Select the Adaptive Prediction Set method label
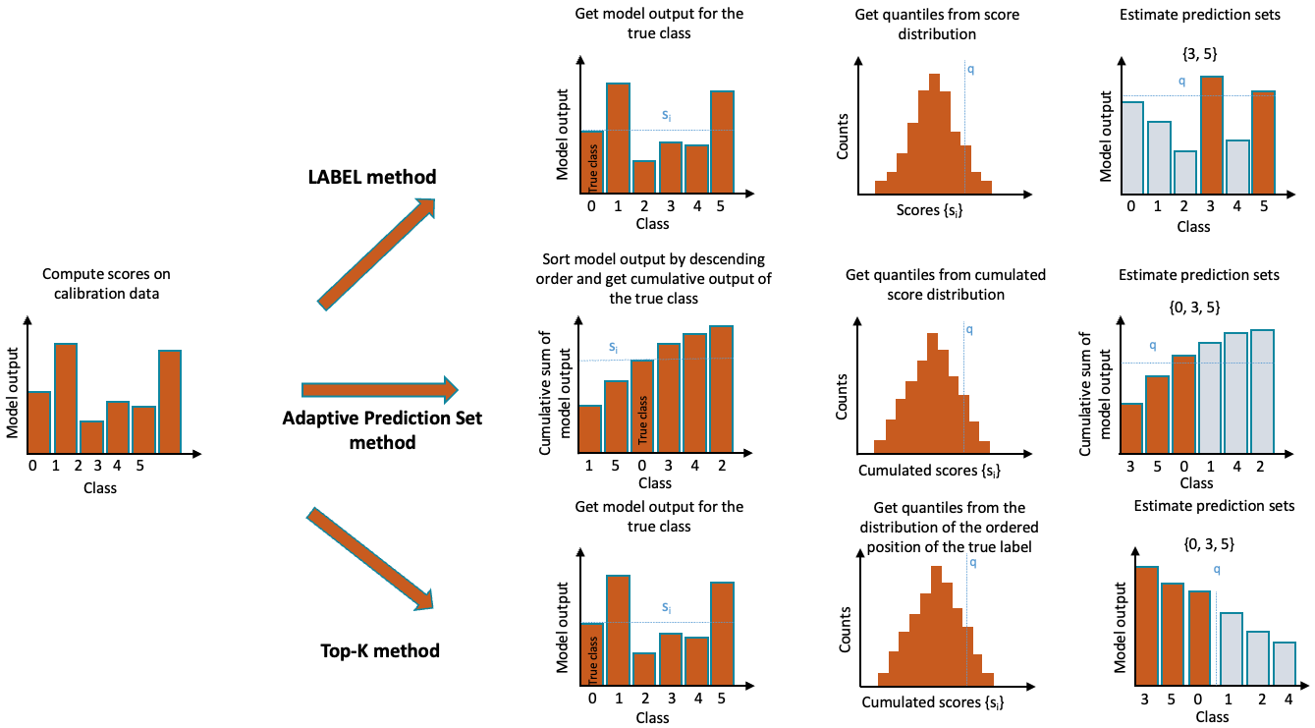click(382, 429)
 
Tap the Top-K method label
click(380, 650)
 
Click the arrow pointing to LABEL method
click(376, 252)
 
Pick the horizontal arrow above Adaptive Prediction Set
click(379, 390)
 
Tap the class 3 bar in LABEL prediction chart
click(1211, 135)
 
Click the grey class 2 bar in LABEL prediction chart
click(1184, 172)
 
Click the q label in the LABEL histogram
click(971, 70)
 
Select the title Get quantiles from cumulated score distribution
click(945, 284)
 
